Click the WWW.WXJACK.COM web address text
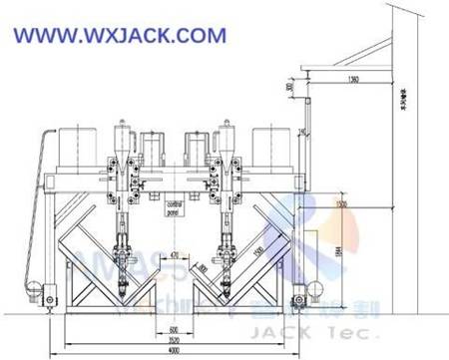120,36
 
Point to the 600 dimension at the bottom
173,329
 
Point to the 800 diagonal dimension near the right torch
203,266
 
